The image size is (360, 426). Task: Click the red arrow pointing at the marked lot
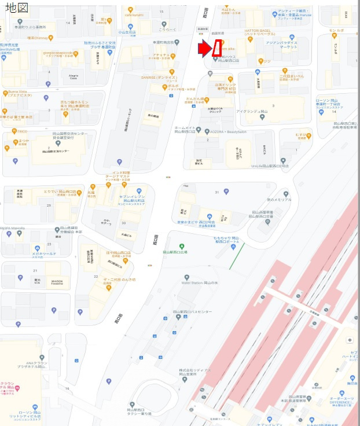tap(204, 49)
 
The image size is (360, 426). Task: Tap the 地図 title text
tap(17, 8)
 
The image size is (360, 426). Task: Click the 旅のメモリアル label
tap(279, 200)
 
